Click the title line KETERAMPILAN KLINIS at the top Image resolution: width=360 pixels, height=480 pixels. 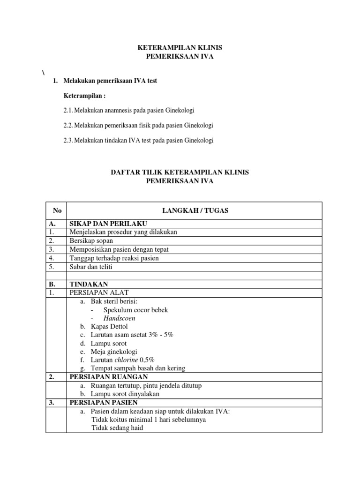180,48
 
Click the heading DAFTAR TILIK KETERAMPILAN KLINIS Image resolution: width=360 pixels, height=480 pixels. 180,172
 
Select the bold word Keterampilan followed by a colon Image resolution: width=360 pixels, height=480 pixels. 85,96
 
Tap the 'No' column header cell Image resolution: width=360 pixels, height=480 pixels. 57,211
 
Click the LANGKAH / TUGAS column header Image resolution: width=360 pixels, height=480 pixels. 195,211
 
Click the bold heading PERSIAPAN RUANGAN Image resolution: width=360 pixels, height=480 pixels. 109,377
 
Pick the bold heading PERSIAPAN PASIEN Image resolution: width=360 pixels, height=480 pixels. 104,402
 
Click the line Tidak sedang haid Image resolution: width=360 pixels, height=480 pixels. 117,427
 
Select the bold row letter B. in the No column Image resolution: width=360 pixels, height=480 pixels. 52,284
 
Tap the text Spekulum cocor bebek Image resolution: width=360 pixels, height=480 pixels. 135,310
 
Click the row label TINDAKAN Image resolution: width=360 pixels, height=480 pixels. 89,284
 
